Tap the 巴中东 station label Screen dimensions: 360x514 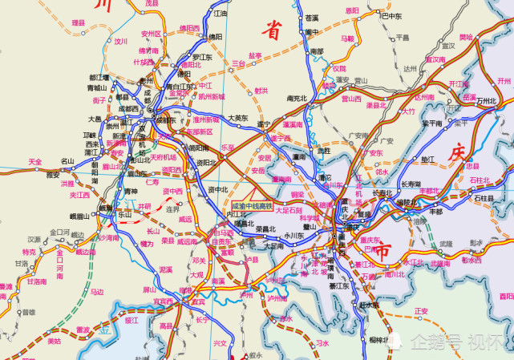(x=391, y=15)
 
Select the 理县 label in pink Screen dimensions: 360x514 (x=78, y=23)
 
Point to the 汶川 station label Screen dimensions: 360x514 (x=121, y=42)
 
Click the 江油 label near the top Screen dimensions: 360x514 (x=221, y=14)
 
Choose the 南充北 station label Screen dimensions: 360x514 (x=297, y=99)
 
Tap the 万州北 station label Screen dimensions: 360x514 (x=487, y=102)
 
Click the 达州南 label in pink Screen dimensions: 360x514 (x=423, y=97)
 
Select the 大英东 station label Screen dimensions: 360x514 (x=237, y=118)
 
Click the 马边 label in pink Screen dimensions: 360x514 (x=97, y=292)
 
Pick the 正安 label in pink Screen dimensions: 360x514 (x=421, y=311)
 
